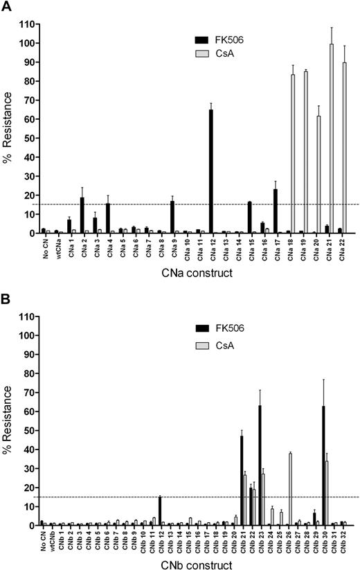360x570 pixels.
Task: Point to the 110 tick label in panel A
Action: (28, 24)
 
